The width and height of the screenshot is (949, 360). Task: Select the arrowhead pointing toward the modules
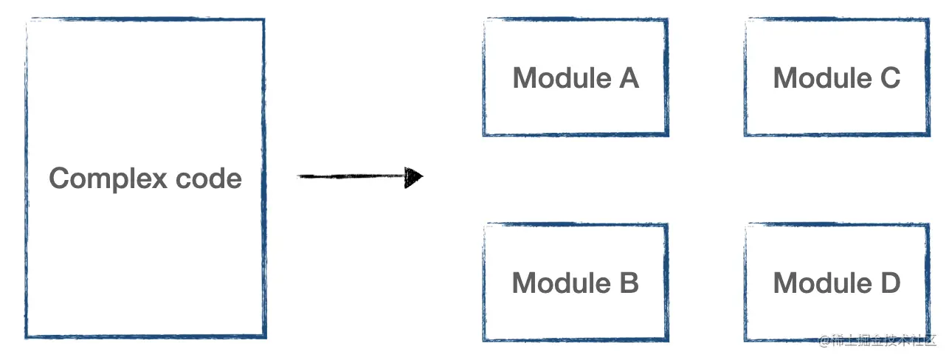[414, 177]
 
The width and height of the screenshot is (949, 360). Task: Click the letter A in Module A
[629, 77]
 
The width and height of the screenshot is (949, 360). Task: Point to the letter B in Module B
[629, 283]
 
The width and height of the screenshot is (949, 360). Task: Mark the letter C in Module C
[890, 77]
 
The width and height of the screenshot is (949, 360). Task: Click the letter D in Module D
[890, 283]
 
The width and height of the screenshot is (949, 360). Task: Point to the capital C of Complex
[59, 179]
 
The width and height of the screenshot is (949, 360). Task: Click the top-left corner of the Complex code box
[27, 21]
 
